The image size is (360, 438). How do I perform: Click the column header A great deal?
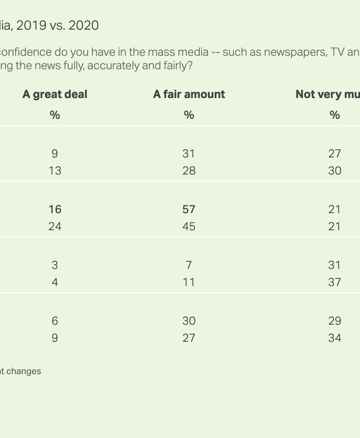(55, 94)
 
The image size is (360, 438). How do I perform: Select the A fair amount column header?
(189, 94)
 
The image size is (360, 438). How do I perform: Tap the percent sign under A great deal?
(55, 115)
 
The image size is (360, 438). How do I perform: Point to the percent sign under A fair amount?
(189, 115)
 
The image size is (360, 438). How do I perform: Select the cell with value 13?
(55, 170)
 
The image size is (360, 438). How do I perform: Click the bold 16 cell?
(55, 209)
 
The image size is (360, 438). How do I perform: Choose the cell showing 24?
(55, 226)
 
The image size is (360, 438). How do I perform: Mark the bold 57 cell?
(189, 209)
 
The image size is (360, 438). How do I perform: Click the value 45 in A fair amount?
(189, 226)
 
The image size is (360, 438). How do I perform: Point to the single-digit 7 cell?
(189, 265)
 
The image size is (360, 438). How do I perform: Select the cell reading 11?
(189, 282)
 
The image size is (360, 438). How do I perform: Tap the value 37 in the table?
(334, 282)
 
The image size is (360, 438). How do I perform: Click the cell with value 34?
(334, 338)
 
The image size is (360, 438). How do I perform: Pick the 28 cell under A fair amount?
(189, 170)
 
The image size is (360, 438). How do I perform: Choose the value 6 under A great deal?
(55, 321)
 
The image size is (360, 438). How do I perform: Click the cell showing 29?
(334, 321)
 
